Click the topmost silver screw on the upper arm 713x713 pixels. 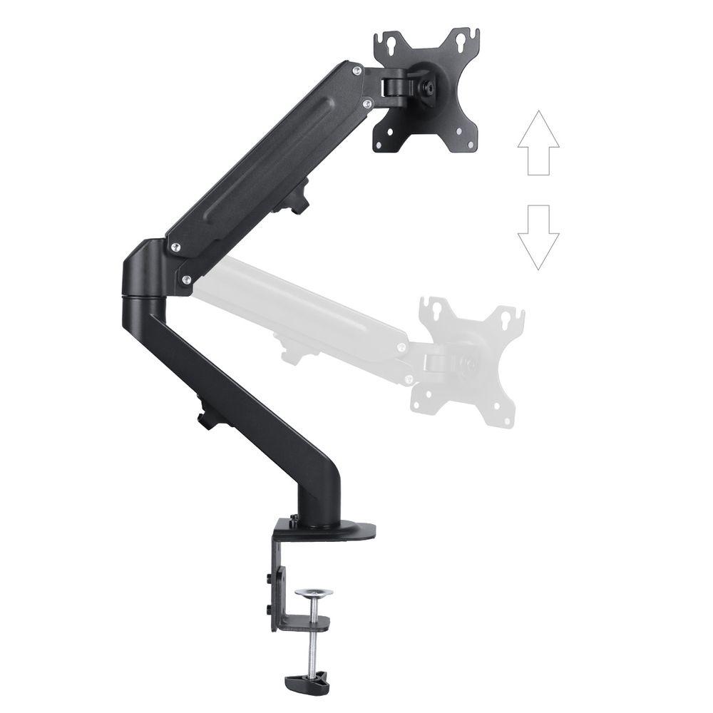(x=354, y=69)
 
